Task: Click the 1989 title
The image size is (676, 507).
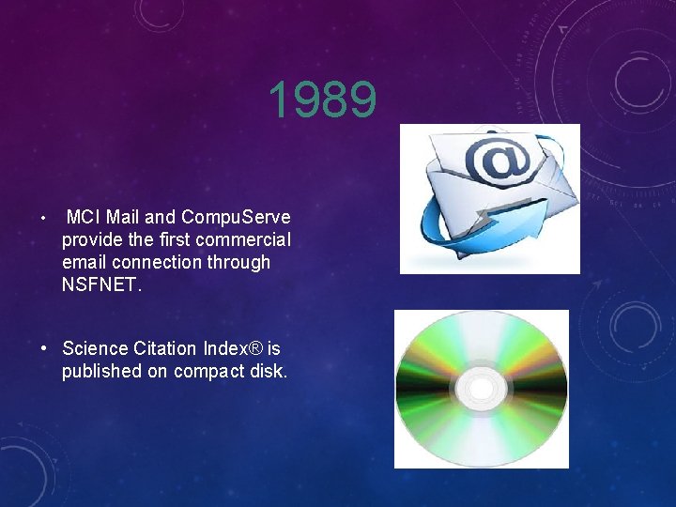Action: [322, 100]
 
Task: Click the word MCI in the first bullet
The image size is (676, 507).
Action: [84, 217]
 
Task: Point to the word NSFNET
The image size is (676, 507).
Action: [100, 284]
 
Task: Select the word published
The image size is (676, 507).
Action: [101, 371]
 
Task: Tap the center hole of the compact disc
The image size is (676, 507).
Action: [481, 389]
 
